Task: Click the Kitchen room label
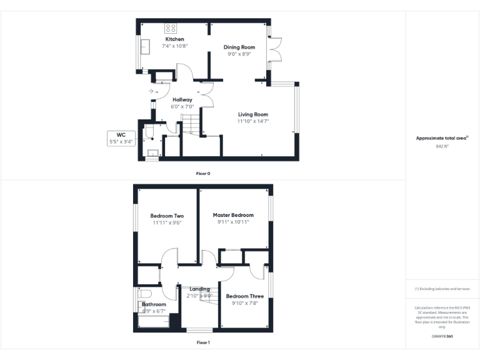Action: pos(174,39)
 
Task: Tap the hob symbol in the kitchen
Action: pos(170,27)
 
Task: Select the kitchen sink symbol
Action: pos(145,47)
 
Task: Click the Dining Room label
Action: pos(239,47)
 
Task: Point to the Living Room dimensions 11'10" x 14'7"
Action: pos(252,121)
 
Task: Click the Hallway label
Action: pos(182,99)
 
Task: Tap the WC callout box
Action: pos(121,138)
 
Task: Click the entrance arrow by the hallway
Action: pos(151,91)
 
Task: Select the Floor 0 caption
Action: pos(202,173)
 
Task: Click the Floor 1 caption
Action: pos(202,342)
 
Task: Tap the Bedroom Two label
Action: pos(166,216)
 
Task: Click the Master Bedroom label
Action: pos(233,215)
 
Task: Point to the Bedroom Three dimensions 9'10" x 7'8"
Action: pos(241,303)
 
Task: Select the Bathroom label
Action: pos(154,304)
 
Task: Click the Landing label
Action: pos(200,289)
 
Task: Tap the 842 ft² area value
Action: pos(442,146)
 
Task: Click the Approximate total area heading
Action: pos(441,138)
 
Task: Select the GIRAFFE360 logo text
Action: pos(442,336)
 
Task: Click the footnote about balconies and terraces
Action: pos(442,289)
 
